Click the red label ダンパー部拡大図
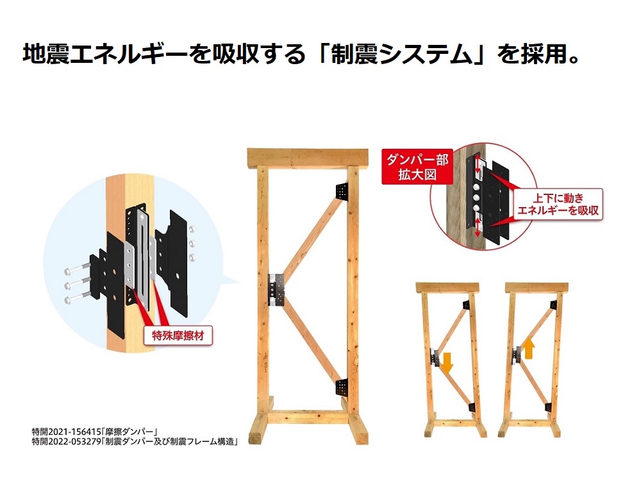[x=417, y=167]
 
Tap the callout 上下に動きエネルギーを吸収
[x=558, y=204]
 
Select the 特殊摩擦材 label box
[x=178, y=336]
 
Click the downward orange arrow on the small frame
[x=447, y=362]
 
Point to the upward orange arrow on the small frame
[x=529, y=349]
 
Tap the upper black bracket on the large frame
[x=342, y=191]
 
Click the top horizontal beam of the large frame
[x=308, y=158]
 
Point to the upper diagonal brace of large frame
[x=312, y=237]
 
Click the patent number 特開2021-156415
[x=66, y=432]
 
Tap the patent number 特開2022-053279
[x=66, y=441]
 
